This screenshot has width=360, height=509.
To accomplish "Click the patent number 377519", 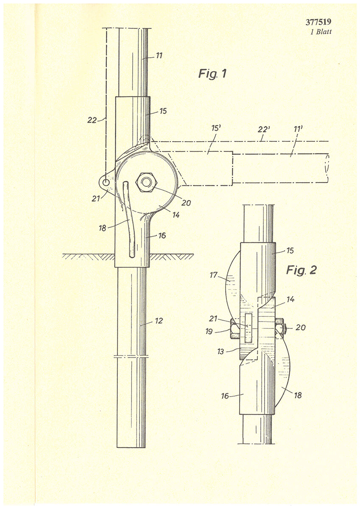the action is (318, 22).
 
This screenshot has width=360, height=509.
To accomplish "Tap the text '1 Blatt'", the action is (321, 31).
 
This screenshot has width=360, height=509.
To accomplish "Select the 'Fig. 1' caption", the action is (212, 74).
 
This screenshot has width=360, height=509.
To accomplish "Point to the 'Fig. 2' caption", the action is (301, 270).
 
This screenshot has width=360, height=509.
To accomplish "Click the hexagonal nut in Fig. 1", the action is (146, 182).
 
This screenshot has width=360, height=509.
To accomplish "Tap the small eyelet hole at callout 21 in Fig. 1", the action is (106, 182).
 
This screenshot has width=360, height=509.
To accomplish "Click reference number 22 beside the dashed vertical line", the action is (92, 120).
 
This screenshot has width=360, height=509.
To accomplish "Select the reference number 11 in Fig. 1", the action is (159, 56).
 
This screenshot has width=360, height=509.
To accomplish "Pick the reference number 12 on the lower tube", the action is (159, 321).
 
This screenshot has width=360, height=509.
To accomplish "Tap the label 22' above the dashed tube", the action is (264, 129).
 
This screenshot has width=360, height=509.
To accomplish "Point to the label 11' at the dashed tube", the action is (298, 129).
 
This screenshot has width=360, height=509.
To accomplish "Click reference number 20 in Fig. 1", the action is (186, 203).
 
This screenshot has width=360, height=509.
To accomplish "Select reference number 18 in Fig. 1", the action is (103, 228).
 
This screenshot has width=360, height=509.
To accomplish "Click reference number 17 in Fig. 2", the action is (214, 275).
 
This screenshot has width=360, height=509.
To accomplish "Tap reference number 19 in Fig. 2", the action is (209, 332).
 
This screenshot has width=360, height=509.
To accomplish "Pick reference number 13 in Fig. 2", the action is (220, 352).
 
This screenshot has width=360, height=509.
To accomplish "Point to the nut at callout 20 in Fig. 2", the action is (281, 327).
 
